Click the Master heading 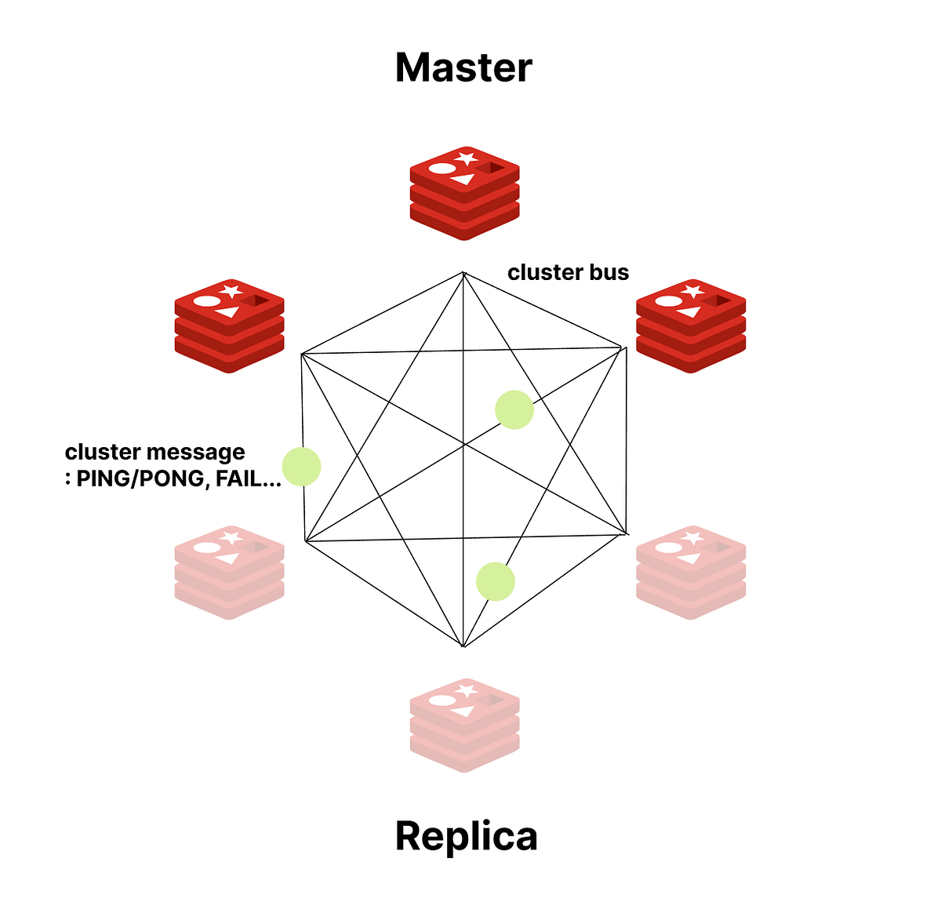463,67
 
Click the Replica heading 466,835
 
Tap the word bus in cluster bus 610,272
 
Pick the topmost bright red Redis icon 464,192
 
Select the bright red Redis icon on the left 228,325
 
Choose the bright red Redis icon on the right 690,325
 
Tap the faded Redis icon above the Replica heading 464,725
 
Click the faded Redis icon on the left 228,572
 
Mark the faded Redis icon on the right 690,572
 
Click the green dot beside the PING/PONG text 302,467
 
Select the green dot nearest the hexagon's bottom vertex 496,582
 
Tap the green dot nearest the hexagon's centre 514,409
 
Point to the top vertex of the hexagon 463,272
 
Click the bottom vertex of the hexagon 463,647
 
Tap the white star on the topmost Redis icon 467,158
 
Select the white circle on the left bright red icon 205,300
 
